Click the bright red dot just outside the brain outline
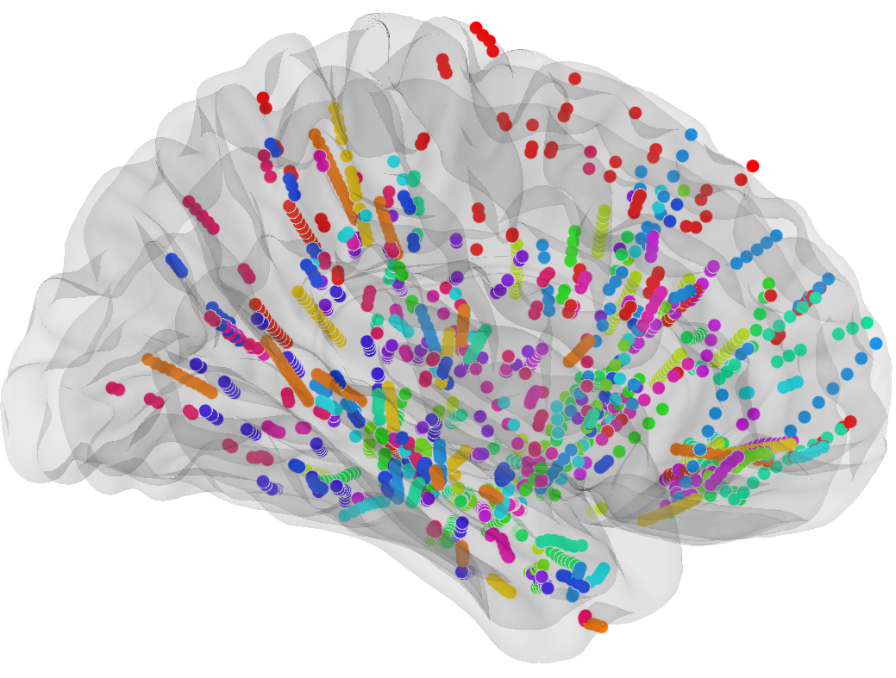pyautogui.click(x=753, y=165)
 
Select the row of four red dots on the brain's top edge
pyautogui.click(x=484, y=39)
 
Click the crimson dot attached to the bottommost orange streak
pyautogui.click(x=585, y=617)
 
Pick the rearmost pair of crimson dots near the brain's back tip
pyautogui.click(x=115, y=389)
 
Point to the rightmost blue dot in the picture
pyautogui.click(x=876, y=344)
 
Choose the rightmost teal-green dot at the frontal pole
pyautogui.click(x=867, y=323)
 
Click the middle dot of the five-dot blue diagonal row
pyautogui.click(x=756, y=250)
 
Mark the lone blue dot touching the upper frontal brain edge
pyautogui.click(x=691, y=134)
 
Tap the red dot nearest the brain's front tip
pyautogui.click(x=850, y=421)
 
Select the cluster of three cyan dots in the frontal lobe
pyautogui.click(x=790, y=384)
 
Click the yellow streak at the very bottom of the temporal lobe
pyautogui.click(x=501, y=587)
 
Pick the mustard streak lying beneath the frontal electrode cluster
pyautogui.click(x=669, y=511)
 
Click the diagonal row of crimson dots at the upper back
pyautogui.click(x=200, y=215)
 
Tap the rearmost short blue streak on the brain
pyautogui.click(x=177, y=264)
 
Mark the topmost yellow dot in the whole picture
pyautogui.click(x=335, y=109)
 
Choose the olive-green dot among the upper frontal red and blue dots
pyautogui.click(x=684, y=190)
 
